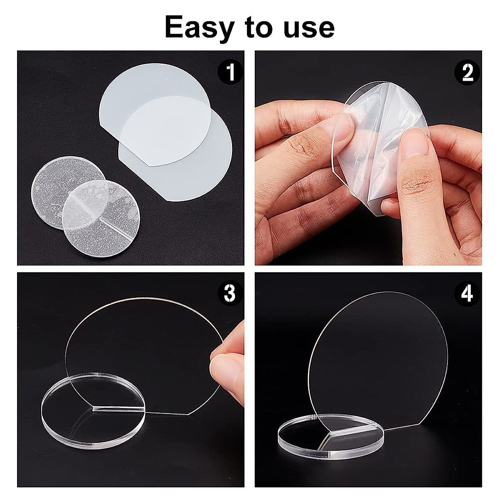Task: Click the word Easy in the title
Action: point(199,27)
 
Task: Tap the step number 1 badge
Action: point(230,72)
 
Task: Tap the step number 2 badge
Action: point(468,72)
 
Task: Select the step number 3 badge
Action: point(230,293)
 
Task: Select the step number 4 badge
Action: point(468,293)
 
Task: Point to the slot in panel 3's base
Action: point(116,409)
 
